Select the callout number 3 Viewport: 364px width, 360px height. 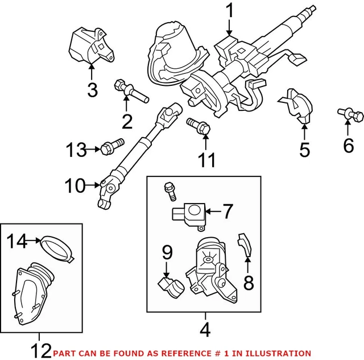tap(92, 89)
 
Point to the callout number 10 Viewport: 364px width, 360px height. tap(75, 184)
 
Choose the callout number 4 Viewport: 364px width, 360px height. tap(205, 328)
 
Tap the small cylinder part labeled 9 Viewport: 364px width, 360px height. tap(171, 283)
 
